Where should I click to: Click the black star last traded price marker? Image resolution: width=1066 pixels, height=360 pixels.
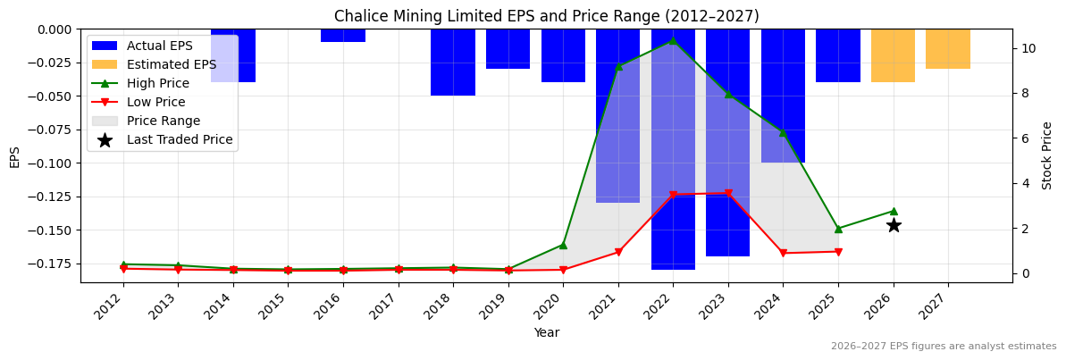(894, 225)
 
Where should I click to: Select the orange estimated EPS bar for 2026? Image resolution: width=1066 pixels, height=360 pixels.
(893, 55)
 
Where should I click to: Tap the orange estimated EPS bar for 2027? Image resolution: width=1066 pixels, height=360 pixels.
(947, 49)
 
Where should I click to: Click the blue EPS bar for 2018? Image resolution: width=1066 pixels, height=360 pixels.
(453, 63)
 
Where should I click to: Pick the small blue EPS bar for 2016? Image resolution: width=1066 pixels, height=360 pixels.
(343, 36)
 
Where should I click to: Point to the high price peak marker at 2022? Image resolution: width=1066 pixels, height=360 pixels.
(673, 40)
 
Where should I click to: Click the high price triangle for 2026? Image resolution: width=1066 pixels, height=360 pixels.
(894, 211)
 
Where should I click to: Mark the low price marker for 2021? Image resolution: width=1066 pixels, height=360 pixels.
(618, 252)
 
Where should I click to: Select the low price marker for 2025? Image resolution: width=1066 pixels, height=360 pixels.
(838, 252)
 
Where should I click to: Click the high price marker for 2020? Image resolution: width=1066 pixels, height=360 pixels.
(563, 245)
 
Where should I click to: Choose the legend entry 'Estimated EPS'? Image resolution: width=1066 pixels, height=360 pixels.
(171, 64)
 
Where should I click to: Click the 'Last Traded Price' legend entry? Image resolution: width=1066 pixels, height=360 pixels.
(179, 139)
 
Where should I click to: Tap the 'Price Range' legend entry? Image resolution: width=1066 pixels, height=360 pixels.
(163, 121)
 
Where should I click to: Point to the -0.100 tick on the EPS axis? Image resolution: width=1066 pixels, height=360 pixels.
(55, 163)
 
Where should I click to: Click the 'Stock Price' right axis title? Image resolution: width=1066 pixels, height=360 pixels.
(1047, 155)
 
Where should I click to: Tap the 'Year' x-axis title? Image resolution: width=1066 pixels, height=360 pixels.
(546, 332)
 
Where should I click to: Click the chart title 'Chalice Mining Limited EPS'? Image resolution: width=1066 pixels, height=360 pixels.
(546, 16)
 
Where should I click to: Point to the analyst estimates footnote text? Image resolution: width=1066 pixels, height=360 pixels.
(943, 347)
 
